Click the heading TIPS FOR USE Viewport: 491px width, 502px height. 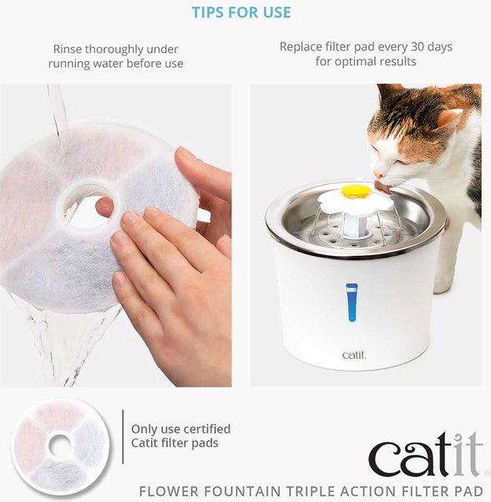click(241, 13)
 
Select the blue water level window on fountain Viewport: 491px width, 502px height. click(352, 302)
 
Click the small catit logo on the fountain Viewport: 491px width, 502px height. click(354, 355)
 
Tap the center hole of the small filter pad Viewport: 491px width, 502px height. click(60, 446)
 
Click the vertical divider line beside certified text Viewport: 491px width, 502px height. click(123, 437)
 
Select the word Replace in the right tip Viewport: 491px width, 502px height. click(302, 47)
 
